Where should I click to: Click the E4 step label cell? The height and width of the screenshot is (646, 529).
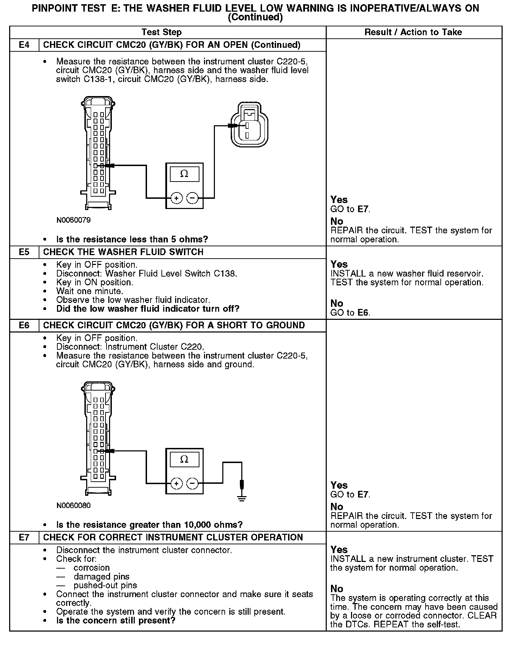(24, 45)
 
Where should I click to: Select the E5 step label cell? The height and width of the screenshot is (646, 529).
(24, 252)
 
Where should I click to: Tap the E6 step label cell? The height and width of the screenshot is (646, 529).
(24, 325)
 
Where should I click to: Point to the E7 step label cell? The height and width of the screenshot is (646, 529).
(24, 538)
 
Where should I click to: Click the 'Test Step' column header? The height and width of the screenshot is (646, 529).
(161, 32)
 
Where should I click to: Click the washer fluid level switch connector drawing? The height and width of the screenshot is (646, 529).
(247, 125)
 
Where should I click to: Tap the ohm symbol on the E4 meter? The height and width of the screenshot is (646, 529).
(184, 174)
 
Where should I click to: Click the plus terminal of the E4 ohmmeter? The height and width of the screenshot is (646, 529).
(176, 198)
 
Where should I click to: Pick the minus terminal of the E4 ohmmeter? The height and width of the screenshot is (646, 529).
(192, 198)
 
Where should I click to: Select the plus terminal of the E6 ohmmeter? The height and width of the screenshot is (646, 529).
(176, 484)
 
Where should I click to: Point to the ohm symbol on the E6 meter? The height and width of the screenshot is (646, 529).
(184, 459)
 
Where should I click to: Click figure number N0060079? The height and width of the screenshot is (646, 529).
(74, 220)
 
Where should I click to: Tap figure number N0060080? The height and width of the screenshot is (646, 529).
(74, 506)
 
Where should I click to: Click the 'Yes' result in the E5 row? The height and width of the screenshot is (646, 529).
(339, 264)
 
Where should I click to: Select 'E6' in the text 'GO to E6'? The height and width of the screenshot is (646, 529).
(363, 312)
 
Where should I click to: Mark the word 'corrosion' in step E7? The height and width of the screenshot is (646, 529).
(91, 568)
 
